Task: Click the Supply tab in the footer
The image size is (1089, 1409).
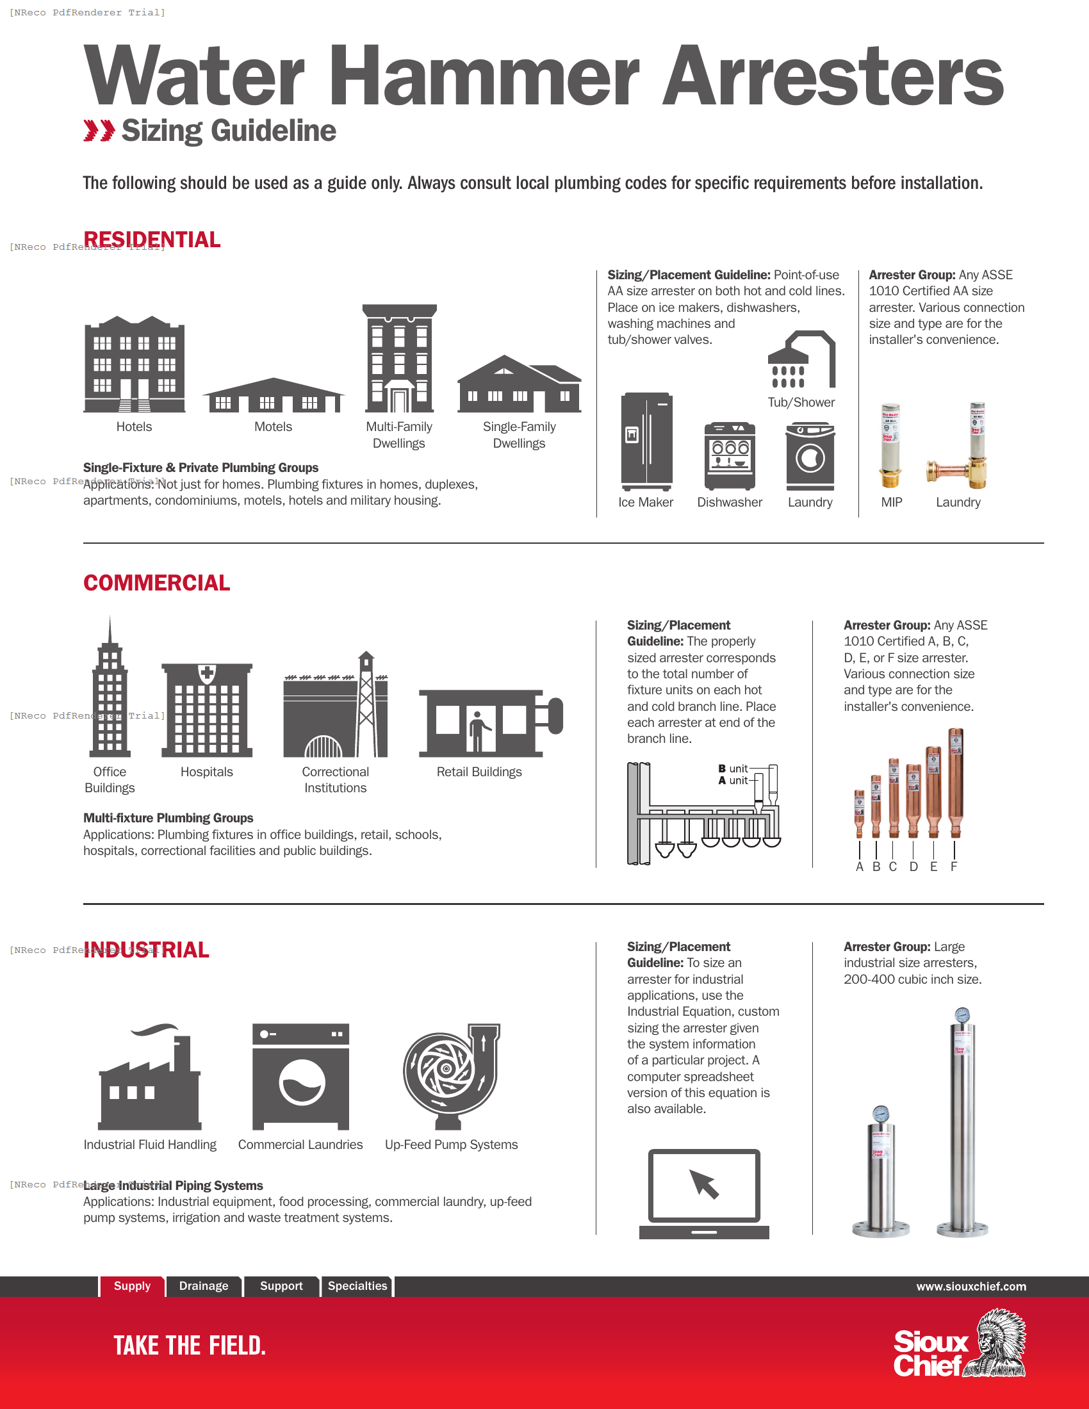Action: (132, 1286)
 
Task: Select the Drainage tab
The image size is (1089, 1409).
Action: (204, 1286)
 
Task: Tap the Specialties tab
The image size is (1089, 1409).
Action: (357, 1286)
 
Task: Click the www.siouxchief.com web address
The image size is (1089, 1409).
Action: (971, 1287)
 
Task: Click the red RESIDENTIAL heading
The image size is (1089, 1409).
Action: (152, 240)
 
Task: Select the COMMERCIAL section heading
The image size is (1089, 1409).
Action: (157, 583)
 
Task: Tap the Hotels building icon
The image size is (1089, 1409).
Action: (134, 364)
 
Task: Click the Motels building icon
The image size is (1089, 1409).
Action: (273, 395)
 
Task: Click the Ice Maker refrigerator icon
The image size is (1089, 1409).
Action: (646, 441)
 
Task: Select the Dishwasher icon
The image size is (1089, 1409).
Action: (730, 455)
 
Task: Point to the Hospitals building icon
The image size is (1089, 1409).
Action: (206, 710)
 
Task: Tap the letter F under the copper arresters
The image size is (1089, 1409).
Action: (954, 867)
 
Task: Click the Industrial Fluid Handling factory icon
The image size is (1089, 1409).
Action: (150, 1077)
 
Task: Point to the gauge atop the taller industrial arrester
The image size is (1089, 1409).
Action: (962, 1015)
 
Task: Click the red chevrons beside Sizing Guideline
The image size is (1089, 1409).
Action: (99, 130)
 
